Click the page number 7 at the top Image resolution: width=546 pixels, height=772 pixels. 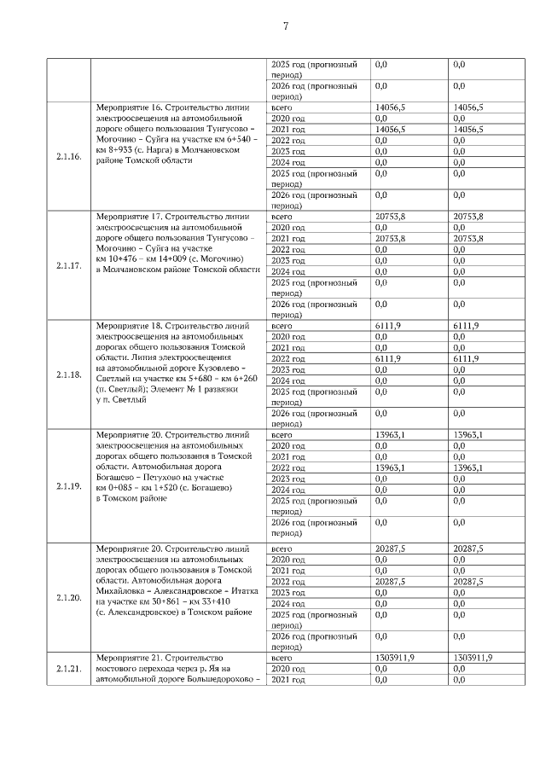[284, 26]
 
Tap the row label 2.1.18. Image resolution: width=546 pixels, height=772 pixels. [68, 374]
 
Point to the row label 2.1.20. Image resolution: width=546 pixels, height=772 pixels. [68, 598]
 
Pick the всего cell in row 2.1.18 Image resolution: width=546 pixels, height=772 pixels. [281, 326]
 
